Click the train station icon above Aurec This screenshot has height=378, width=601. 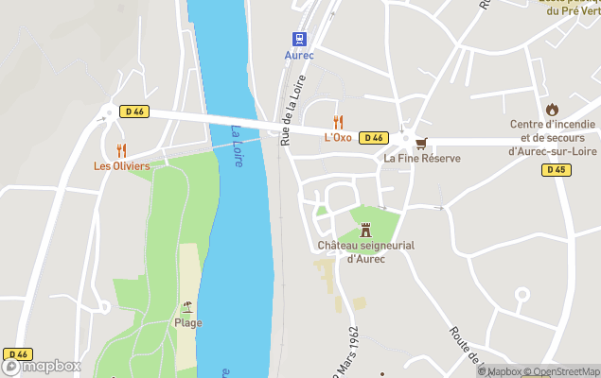tap(299, 38)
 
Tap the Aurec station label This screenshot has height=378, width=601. tap(299, 55)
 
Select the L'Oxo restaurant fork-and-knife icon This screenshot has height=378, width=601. tap(338, 121)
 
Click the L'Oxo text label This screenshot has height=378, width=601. tap(338, 138)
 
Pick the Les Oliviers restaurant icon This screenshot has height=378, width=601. tap(121, 149)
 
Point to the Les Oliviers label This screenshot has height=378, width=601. tap(121, 166)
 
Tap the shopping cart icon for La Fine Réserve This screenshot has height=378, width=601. tap(421, 143)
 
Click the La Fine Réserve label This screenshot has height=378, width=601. tap(422, 159)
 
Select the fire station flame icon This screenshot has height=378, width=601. tap(552, 109)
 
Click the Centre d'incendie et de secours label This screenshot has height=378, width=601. tap(552, 137)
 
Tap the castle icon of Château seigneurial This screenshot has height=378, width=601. tap(366, 229)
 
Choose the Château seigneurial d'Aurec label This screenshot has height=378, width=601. tap(366, 252)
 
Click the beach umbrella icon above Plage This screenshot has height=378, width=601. tap(187, 306)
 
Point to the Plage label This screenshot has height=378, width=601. tap(187, 322)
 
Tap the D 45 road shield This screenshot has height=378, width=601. tap(557, 170)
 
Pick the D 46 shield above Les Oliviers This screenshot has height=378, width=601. tap(133, 112)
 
